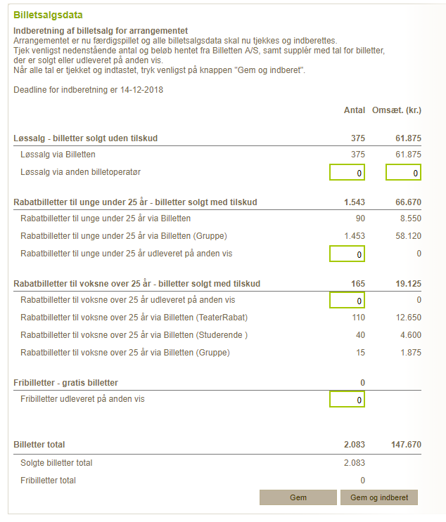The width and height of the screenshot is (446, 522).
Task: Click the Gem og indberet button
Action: (x=379, y=497)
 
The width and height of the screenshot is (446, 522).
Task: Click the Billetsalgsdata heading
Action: (x=46, y=15)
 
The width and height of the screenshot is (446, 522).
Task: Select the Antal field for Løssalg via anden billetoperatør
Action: (x=347, y=172)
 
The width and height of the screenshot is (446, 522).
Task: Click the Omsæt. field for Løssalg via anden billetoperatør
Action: (x=403, y=172)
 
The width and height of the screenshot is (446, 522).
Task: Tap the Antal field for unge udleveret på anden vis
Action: (x=347, y=254)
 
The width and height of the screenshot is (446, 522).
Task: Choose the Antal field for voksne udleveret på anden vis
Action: (x=347, y=301)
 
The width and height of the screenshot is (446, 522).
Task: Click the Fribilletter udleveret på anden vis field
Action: (x=347, y=400)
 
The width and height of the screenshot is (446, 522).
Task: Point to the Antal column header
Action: (x=354, y=110)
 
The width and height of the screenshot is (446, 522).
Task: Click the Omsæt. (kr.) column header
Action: (x=397, y=110)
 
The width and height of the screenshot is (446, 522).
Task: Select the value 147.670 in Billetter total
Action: (x=406, y=445)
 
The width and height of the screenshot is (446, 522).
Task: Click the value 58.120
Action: (x=408, y=235)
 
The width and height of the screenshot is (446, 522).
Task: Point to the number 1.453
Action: (x=353, y=235)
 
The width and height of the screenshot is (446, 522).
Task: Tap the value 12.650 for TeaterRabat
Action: (x=408, y=318)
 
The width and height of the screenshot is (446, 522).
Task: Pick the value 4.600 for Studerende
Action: (x=410, y=334)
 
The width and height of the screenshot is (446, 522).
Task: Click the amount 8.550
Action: (x=410, y=218)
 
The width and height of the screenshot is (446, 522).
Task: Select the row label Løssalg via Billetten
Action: (x=58, y=155)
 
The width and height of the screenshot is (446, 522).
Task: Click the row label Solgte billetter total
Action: (x=56, y=463)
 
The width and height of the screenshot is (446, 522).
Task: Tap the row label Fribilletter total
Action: (x=48, y=481)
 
